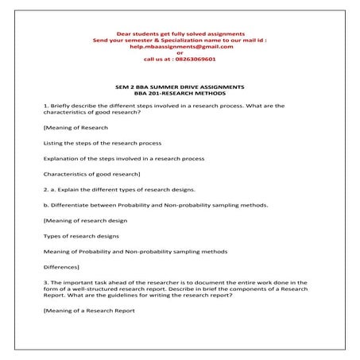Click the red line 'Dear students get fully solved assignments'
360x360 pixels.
pyautogui.click(x=179, y=32)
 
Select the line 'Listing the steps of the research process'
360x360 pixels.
pyautogui.click(x=103, y=142)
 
